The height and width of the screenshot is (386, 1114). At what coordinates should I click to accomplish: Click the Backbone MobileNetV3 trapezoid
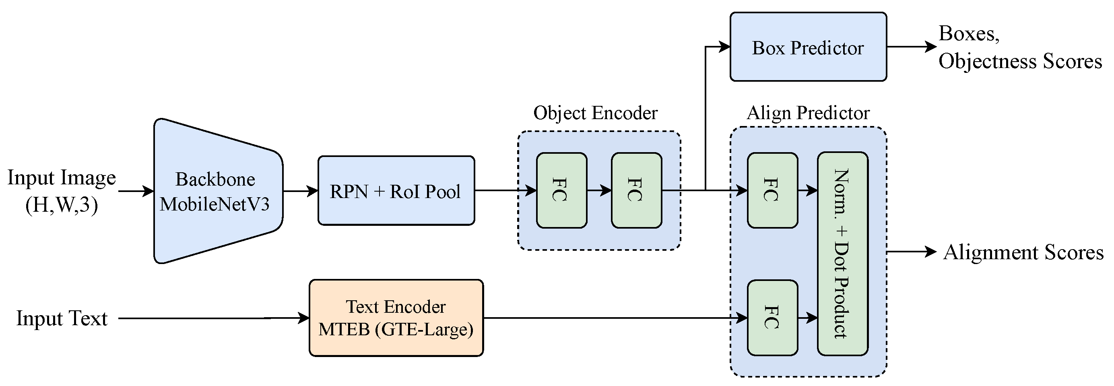(216, 191)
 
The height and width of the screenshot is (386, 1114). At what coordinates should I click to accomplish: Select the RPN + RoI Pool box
(396, 191)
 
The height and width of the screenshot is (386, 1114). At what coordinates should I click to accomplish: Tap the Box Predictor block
(808, 47)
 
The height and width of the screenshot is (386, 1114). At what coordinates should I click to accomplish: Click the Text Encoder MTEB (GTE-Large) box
(396, 318)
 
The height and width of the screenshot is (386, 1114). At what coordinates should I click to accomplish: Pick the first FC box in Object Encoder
(561, 190)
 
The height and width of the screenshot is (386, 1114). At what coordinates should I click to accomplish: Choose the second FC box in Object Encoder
(636, 190)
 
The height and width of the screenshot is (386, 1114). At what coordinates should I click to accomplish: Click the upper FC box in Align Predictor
(772, 190)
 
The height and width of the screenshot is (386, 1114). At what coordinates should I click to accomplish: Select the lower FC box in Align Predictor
(772, 318)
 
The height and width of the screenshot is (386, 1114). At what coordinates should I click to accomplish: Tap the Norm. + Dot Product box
(842, 254)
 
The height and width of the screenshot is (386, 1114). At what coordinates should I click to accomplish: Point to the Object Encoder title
(595, 114)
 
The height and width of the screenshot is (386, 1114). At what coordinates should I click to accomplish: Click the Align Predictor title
(808, 114)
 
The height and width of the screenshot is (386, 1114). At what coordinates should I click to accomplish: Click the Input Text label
(62, 318)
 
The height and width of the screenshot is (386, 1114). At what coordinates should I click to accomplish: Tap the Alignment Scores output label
(1023, 252)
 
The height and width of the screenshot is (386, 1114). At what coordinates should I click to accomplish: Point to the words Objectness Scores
(1020, 61)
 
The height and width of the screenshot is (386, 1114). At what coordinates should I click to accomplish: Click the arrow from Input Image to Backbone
(136, 191)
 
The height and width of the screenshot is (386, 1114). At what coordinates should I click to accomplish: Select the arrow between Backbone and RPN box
(300, 191)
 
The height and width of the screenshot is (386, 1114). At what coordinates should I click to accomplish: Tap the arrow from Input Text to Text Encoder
(214, 318)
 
